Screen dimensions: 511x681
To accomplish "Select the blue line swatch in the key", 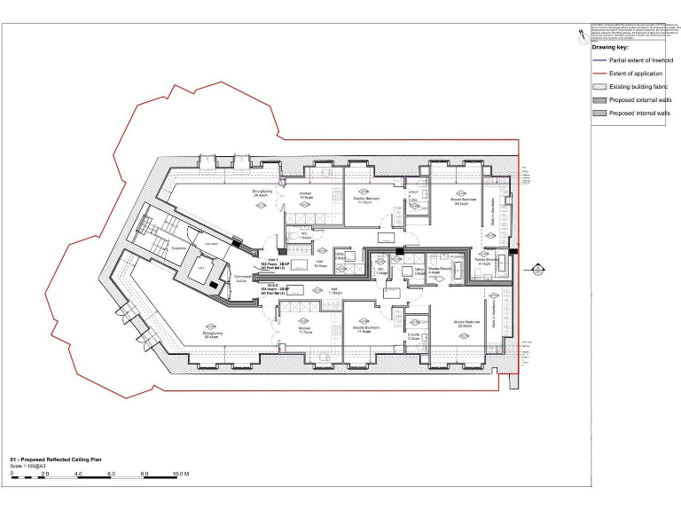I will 599,60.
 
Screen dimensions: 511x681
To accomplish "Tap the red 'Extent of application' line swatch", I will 599,75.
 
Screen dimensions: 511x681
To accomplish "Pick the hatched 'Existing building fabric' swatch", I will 599,88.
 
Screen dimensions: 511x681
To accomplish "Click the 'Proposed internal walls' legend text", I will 638,114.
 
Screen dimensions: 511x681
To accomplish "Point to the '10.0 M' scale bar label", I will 180,475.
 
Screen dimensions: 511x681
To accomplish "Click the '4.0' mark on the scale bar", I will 79,475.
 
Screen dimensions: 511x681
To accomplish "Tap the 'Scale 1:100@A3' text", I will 31,466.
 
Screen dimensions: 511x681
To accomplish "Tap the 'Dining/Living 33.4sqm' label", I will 213,335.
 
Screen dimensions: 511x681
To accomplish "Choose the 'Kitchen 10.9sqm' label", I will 305,195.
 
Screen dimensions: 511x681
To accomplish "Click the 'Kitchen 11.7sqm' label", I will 305,329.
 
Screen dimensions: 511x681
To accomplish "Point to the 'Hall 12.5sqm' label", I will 319,263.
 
